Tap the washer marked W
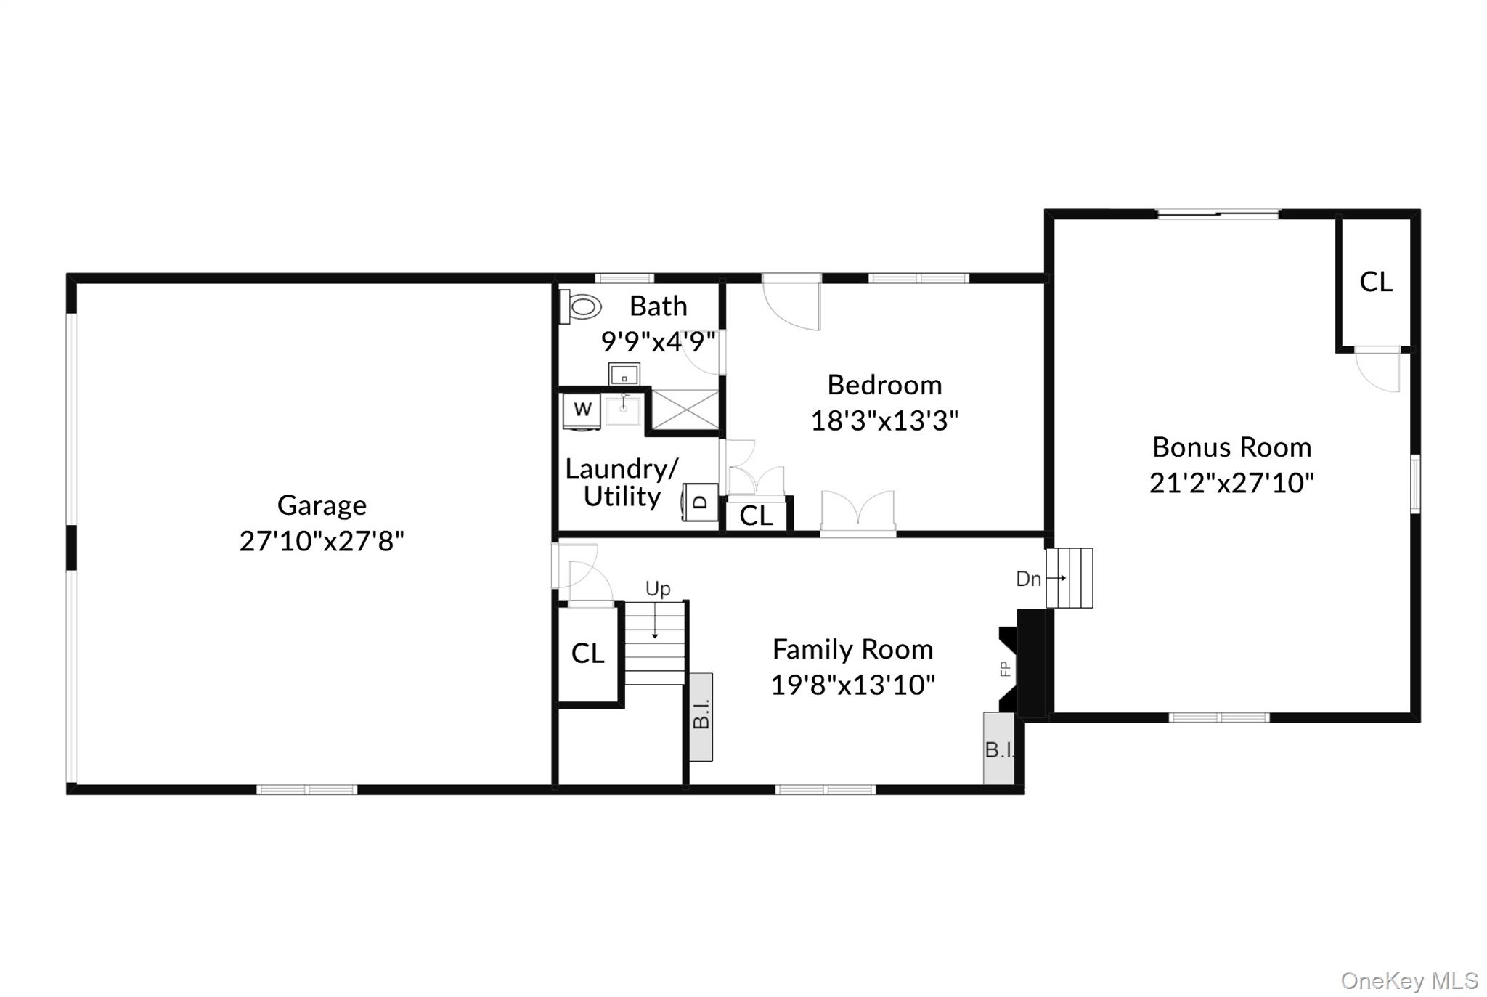pos(582,410)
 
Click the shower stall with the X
pos(685,410)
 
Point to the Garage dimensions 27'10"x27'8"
pos(322,541)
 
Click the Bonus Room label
pos(1231,447)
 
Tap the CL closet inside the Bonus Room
pos(1376,282)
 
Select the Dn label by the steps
pos(1028,579)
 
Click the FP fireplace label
pos(1006,669)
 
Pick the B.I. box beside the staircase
pos(701,717)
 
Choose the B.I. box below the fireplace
pos(998,749)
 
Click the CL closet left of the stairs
pos(587,654)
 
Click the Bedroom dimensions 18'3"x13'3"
pos(884,420)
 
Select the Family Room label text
pos(852,649)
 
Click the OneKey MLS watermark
pos(1409,981)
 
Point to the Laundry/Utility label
pos(622,483)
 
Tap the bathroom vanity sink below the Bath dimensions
pos(624,375)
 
